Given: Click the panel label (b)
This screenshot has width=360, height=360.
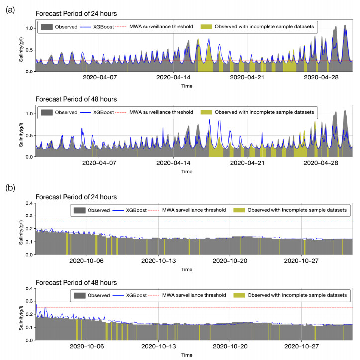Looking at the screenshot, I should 9,189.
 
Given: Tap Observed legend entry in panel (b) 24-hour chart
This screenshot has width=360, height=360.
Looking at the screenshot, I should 98,210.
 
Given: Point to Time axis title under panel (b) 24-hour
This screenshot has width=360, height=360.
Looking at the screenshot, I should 187,269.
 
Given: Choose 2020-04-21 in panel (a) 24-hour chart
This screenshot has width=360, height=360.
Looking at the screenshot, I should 247,78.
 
